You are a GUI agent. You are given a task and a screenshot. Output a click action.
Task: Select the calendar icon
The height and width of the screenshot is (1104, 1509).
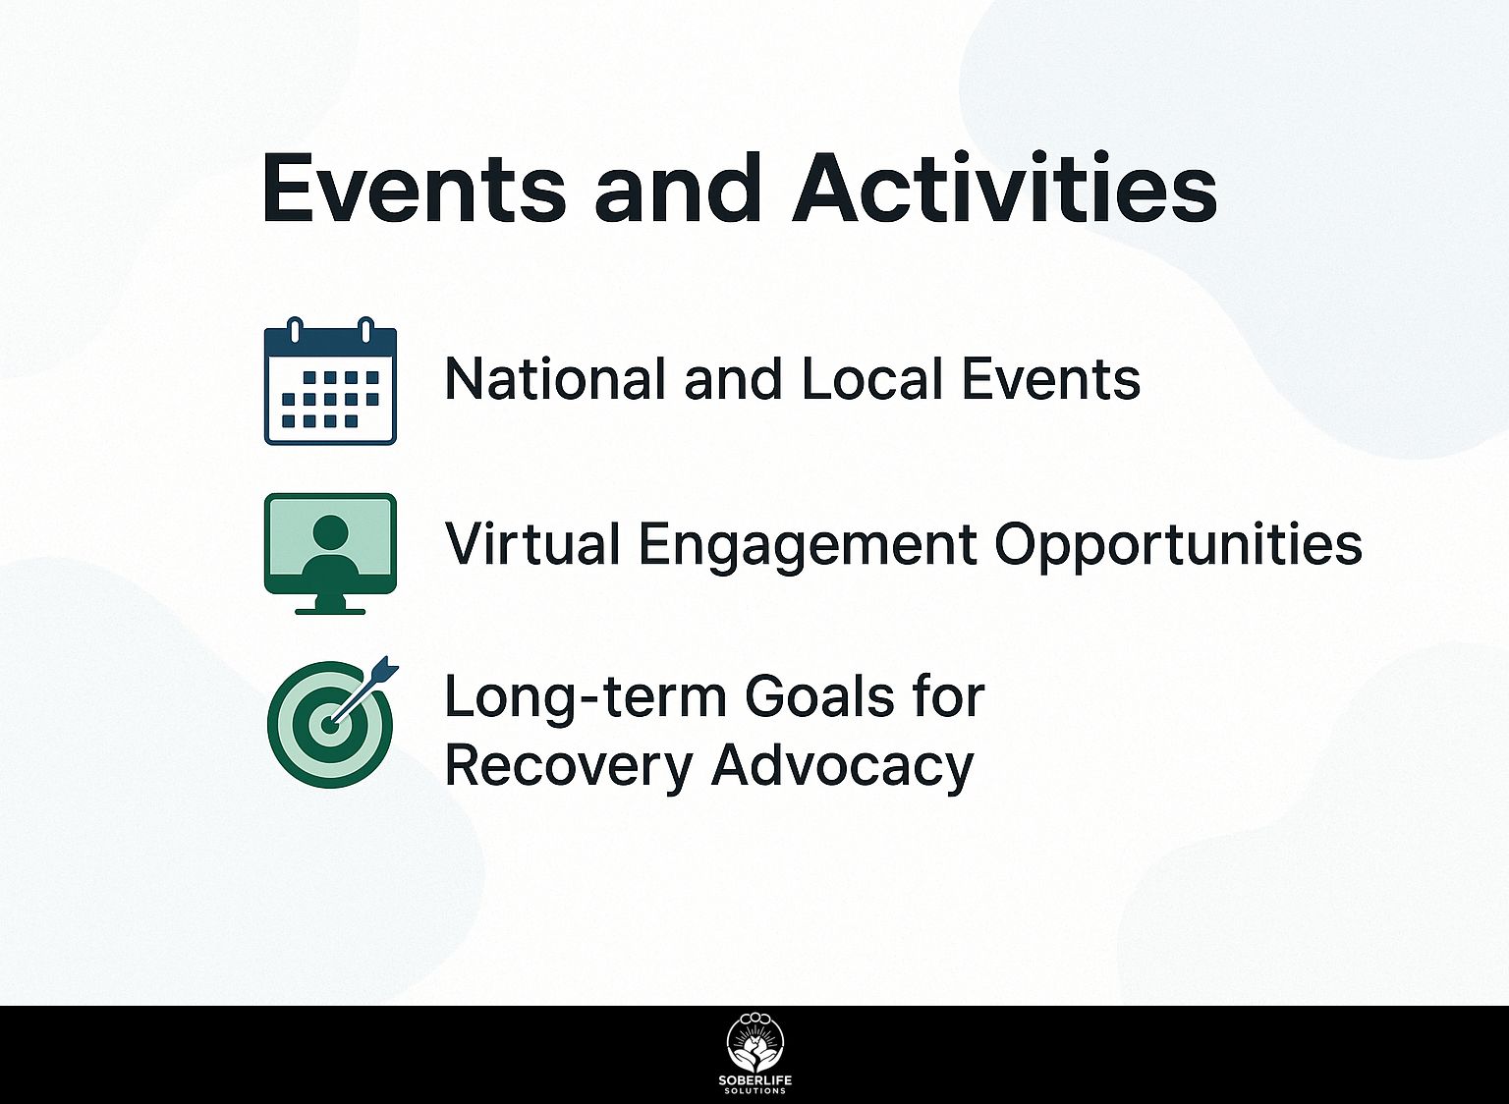point(330,380)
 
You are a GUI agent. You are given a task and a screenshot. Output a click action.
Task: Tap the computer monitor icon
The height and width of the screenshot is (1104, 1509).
point(330,554)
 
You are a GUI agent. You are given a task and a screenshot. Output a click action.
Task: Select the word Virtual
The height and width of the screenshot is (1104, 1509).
point(531,543)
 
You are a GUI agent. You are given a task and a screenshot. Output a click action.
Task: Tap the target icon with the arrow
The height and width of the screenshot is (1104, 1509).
point(331,722)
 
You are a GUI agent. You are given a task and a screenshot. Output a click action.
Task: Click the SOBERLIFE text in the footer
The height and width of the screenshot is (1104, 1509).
point(755,1080)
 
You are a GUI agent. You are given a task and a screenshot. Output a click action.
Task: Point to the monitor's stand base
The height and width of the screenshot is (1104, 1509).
point(330,611)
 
